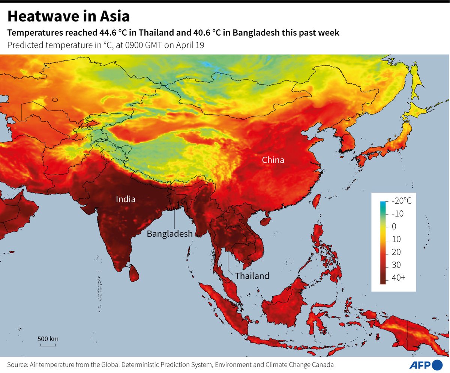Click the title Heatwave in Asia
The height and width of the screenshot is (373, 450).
click(69, 17)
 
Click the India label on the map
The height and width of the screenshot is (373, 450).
click(125, 199)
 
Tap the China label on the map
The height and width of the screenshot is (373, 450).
click(273, 160)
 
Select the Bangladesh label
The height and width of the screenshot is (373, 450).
click(169, 234)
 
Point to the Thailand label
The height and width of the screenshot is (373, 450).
click(252, 276)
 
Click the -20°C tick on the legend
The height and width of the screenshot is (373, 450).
click(401, 201)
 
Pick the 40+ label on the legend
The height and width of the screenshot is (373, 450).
click(399, 278)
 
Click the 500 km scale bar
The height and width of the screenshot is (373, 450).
click(48, 343)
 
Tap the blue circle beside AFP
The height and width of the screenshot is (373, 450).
click(437, 364)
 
